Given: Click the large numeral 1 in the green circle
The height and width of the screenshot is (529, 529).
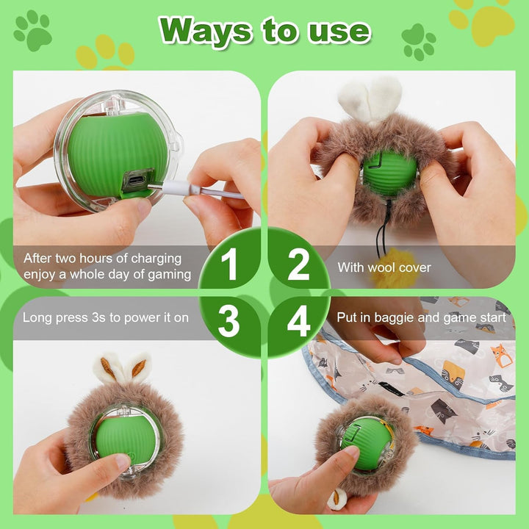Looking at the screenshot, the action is [229, 264].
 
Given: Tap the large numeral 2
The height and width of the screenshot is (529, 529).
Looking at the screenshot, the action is [298, 264].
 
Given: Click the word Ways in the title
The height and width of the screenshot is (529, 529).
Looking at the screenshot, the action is [206, 31].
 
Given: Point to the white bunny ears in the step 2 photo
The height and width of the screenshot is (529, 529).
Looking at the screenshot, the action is [370, 98].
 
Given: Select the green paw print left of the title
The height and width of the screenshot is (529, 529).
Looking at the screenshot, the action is [33, 30].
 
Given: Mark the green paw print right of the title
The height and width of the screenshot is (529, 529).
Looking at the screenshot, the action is [419, 42].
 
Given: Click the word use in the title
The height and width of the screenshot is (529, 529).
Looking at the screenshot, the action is [339, 33].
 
